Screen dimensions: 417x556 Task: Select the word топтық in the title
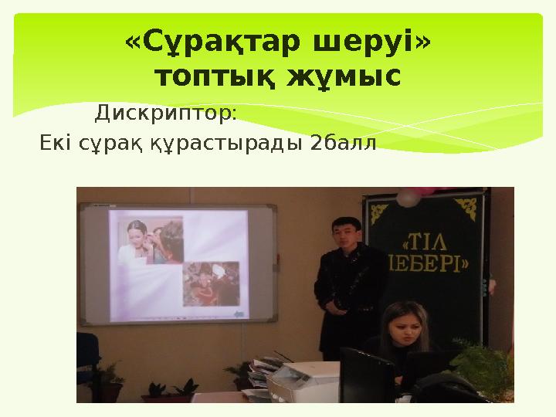(x=209, y=78)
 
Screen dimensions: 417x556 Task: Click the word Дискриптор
(x=165, y=114)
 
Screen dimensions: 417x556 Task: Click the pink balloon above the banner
(x=408, y=198)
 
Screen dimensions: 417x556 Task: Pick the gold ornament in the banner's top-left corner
(x=378, y=209)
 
